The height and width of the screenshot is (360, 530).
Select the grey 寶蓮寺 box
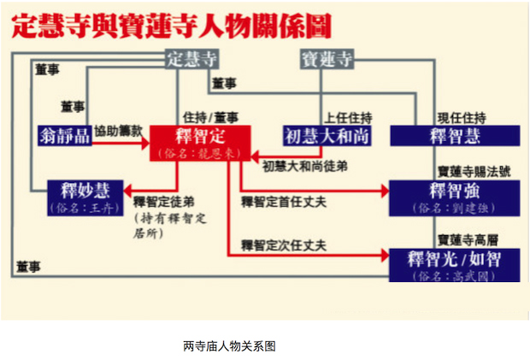(326, 60)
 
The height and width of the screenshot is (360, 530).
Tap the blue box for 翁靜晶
(64, 135)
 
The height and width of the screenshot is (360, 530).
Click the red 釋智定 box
(199, 142)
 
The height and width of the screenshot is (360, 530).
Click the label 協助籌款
(118, 124)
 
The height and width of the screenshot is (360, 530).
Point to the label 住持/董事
(210, 116)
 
